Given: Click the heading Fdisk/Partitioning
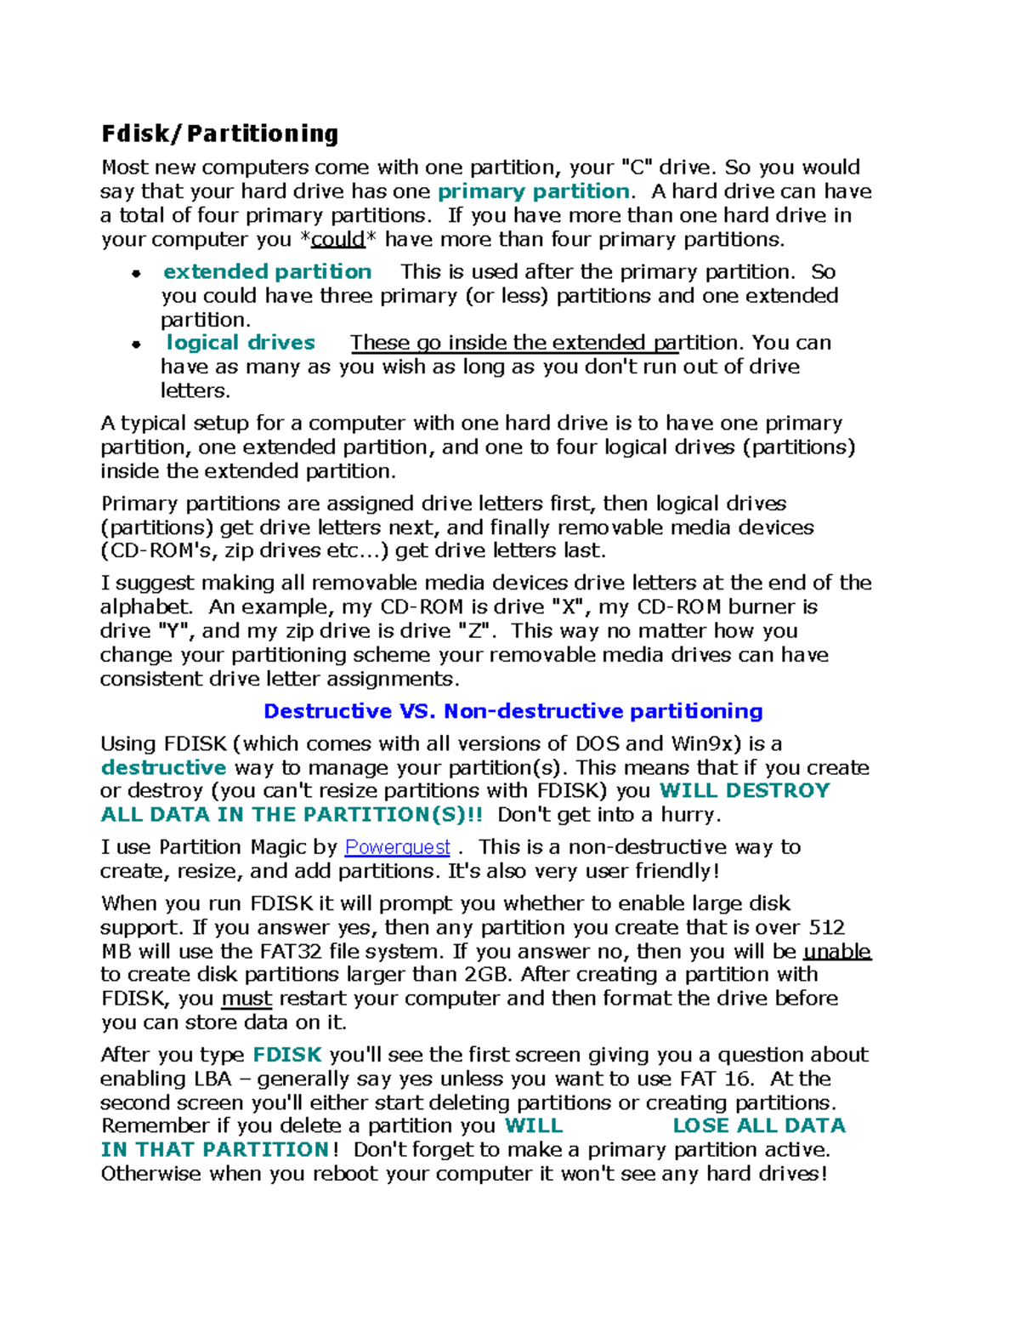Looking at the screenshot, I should click(x=219, y=134).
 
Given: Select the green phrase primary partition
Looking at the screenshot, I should click(x=533, y=191).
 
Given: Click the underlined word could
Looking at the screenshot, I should click(x=338, y=240).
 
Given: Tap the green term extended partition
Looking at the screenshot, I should click(x=267, y=271).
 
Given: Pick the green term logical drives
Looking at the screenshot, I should click(x=241, y=343).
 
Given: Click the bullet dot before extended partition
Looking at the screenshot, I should click(x=136, y=273).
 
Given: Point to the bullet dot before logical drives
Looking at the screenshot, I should click(x=136, y=344).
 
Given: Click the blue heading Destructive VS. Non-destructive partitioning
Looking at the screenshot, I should click(x=513, y=711).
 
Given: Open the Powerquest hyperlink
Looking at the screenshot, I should click(x=397, y=847).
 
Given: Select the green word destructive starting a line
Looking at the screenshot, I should click(x=163, y=767).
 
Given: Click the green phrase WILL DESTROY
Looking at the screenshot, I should click(x=744, y=790).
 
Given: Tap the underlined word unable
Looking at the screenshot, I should click(x=837, y=951).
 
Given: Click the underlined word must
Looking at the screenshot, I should click(x=246, y=999).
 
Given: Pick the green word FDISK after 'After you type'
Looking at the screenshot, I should click(x=287, y=1055).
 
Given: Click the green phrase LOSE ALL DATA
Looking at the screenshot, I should click(x=758, y=1125).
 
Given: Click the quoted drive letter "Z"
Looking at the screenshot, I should click(x=473, y=630).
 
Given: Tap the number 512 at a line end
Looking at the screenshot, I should click(x=826, y=927).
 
